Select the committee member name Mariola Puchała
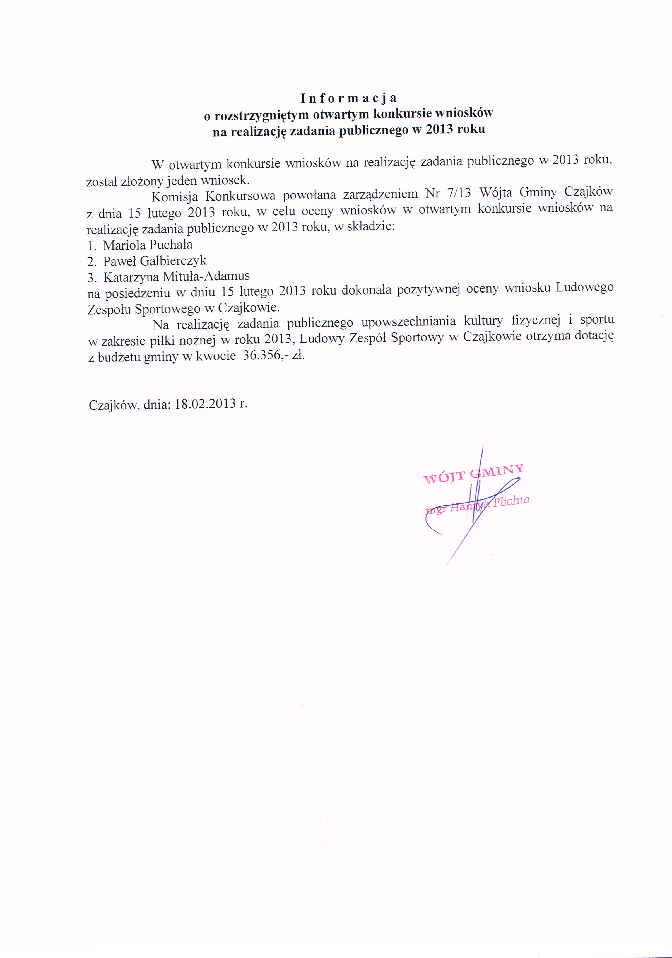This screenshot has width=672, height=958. (x=148, y=245)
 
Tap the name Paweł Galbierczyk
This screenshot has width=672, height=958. (x=155, y=261)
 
